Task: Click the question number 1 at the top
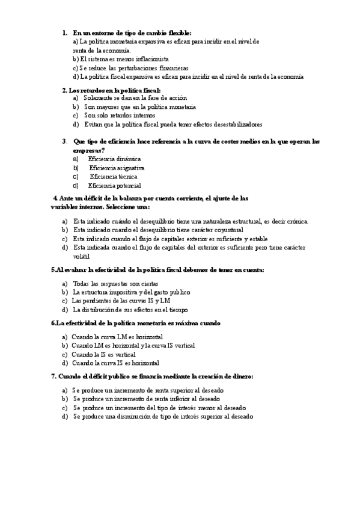tap(64, 32)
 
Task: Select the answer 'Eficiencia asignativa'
tap(117, 168)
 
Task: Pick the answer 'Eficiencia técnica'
tap(114, 177)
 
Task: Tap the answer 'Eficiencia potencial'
tap(114, 186)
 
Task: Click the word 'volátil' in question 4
tap(82, 256)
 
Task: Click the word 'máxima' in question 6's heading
tap(183, 323)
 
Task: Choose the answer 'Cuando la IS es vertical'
tap(103, 354)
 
